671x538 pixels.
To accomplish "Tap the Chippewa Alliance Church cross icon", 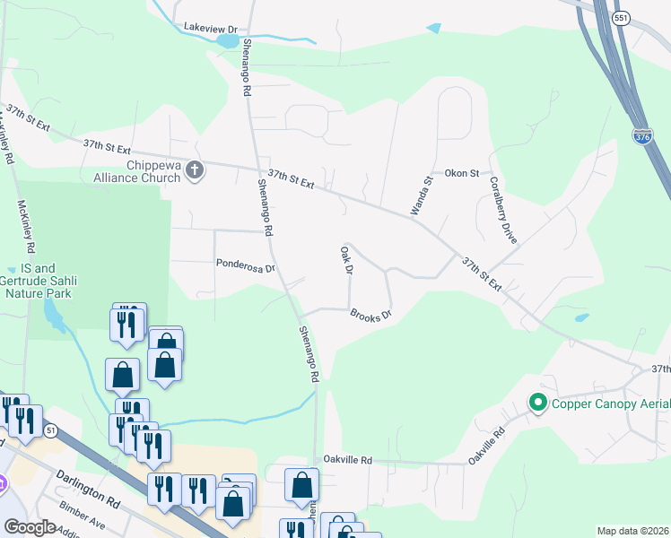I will [195, 170].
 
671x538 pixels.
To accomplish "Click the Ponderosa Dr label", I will [244, 266].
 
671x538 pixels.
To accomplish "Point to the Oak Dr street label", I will [347, 259].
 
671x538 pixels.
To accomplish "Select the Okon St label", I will [463, 173].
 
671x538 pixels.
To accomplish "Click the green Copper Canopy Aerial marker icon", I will [538, 403].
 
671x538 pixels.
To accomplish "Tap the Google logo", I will [30, 527].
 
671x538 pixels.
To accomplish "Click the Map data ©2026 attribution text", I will [632, 531].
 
